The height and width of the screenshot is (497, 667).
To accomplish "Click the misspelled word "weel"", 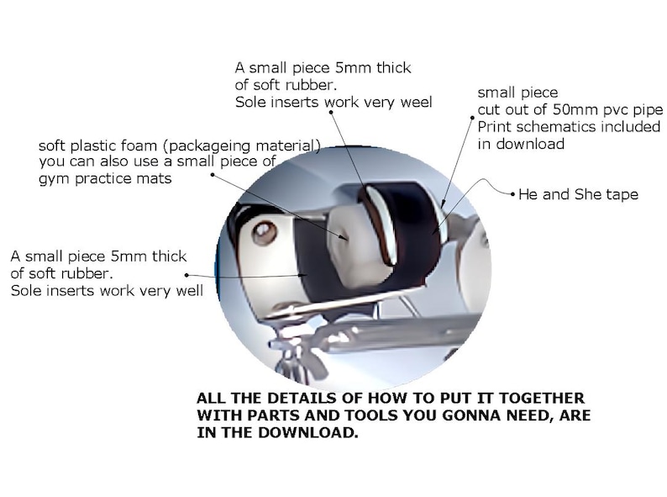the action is [416, 103].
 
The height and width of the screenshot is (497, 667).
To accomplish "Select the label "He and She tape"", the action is [579, 194].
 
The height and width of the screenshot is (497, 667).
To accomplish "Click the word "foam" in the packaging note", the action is [138, 145].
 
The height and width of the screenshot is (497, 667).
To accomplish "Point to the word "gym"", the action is [55, 179].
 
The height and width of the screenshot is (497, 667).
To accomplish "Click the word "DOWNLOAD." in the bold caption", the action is [307, 432].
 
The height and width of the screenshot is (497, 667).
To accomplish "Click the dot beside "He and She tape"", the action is [513, 194].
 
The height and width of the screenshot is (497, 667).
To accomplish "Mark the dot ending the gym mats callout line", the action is [213, 174].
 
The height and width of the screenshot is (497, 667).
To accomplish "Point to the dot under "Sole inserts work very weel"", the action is [330, 112].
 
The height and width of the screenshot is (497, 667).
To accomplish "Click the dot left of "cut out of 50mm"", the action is [472, 118].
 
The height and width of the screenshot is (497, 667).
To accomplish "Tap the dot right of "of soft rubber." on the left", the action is [186, 275].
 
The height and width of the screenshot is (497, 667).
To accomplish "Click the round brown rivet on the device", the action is [264, 233].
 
